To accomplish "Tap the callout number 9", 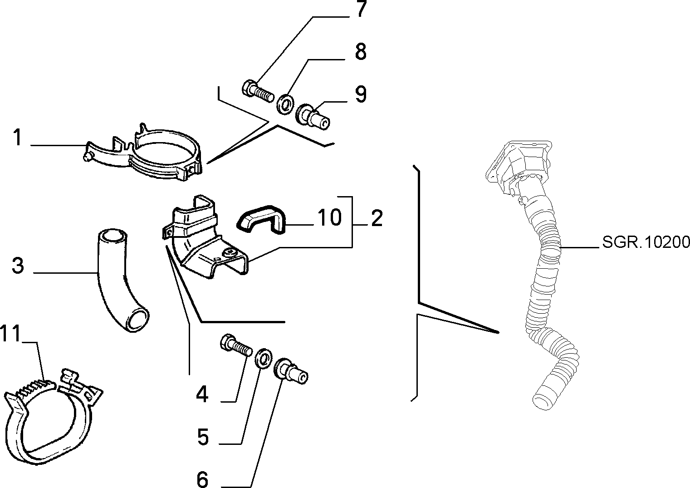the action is point(361,94).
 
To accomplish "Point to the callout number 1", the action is point(18,137).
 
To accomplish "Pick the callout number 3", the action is point(18,266).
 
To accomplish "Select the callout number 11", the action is point(10,333).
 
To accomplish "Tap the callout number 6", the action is point(202,479).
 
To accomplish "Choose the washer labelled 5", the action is point(264,358).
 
